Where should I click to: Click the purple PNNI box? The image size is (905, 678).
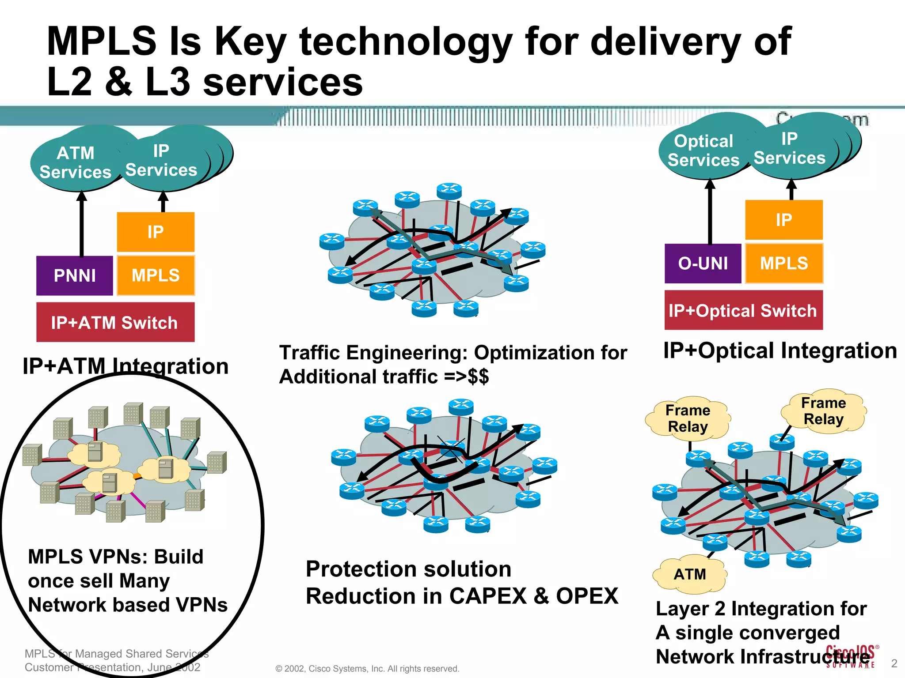point(74,275)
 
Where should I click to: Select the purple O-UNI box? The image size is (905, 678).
point(703,264)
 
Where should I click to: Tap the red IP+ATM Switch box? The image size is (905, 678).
point(115,322)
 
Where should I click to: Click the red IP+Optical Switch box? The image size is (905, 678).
point(743,310)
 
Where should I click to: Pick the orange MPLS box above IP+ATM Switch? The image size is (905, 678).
point(156,275)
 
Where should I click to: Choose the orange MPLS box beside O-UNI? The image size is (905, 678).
point(783,264)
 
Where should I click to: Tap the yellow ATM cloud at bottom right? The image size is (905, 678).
point(689,574)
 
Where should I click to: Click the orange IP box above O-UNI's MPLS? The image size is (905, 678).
point(783,219)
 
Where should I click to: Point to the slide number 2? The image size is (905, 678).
point(894,663)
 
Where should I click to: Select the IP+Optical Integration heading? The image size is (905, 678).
point(780,350)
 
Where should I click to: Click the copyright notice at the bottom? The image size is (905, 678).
point(367,668)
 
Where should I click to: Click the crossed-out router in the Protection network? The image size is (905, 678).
point(451,449)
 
